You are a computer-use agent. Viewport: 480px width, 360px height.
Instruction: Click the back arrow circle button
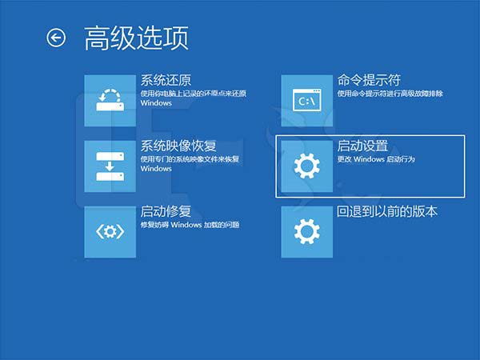coord(56,38)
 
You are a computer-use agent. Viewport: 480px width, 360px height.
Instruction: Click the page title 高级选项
coord(136,38)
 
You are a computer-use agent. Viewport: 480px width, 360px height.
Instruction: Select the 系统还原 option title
coord(166,81)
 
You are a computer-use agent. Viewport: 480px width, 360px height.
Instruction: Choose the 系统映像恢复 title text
coord(178,146)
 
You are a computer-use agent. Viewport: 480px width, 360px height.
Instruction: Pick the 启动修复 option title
coord(166,212)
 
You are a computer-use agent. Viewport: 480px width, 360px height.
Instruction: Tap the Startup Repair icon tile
coord(110,231)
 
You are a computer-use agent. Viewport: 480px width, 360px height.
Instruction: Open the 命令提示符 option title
coord(369,81)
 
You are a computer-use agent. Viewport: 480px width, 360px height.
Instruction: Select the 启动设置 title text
coord(362,146)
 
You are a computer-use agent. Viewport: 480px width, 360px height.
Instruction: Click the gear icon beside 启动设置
coord(307,166)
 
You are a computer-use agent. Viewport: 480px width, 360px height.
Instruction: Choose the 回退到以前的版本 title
coord(387,212)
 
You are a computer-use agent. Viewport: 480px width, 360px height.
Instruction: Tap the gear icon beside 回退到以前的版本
coord(307,231)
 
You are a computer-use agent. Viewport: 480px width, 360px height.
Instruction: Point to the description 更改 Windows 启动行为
coord(376,160)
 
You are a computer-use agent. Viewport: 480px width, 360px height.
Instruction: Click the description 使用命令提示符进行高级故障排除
coord(390,94)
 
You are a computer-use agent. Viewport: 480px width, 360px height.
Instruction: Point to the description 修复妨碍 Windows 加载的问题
coord(190,226)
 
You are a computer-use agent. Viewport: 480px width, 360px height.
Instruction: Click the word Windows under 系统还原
coord(156,103)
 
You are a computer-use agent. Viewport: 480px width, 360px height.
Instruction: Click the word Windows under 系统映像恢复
coord(156,169)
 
